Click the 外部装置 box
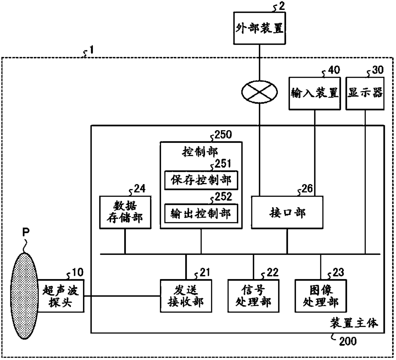point(259,28)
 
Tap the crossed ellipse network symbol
point(259,92)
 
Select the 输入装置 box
point(315,93)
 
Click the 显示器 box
point(365,93)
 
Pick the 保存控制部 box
point(201,180)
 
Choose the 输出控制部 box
point(201,214)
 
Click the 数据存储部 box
point(126,212)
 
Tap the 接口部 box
point(287,212)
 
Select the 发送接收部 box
point(186,296)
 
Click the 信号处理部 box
point(254,296)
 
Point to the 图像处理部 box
point(321,296)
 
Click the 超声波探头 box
point(60,296)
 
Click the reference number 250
point(223,135)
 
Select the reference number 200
point(348,341)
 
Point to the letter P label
point(26,232)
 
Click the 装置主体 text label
point(354,324)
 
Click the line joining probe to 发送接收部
point(122,296)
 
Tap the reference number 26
point(307,188)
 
